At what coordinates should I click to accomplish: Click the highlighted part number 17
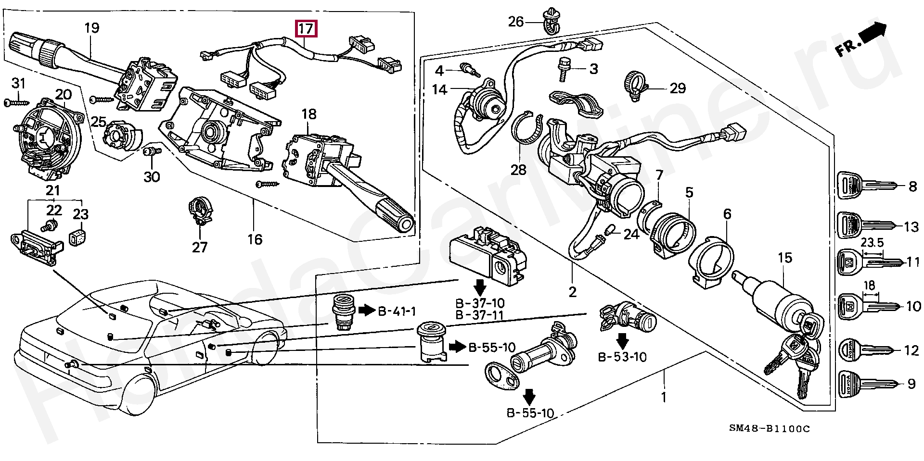click(x=307, y=28)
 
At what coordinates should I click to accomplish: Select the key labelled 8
click(x=866, y=185)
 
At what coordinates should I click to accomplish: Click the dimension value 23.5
click(x=873, y=243)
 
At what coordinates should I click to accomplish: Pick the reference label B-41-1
click(x=397, y=311)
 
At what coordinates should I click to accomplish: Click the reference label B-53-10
click(x=623, y=357)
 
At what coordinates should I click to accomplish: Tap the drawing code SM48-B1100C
click(x=769, y=428)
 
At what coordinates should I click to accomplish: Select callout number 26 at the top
click(x=516, y=22)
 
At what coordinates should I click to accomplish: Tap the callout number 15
click(x=784, y=258)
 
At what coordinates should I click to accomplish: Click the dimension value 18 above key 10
click(x=869, y=286)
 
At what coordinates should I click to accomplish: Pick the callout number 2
click(x=572, y=292)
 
